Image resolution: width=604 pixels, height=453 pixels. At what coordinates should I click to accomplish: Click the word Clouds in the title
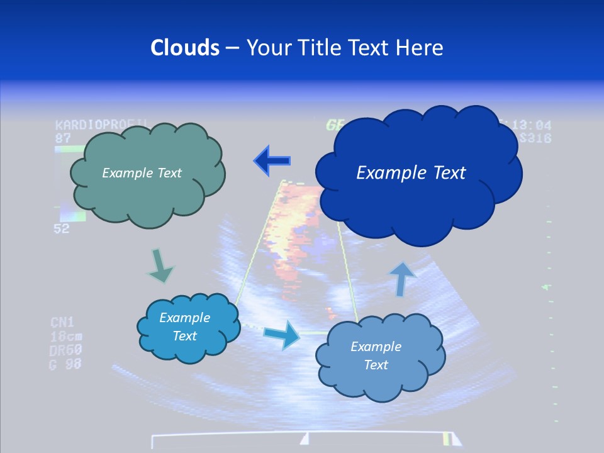[x=184, y=48]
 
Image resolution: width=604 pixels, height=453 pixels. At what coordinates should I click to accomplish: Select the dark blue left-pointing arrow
[x=272, y=161]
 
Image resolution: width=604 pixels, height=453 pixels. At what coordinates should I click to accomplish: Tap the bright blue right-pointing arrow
[x=281, y=334]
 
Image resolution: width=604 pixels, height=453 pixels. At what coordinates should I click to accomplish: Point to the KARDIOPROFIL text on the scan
[x=101, y=125]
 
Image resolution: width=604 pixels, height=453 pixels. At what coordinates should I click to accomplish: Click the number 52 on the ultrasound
[x=61, y=229]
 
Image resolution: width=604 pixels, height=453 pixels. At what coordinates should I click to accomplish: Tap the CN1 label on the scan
[x=62, y=323]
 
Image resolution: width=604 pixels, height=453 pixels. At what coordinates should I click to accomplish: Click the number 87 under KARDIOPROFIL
[x=63, y=137]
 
